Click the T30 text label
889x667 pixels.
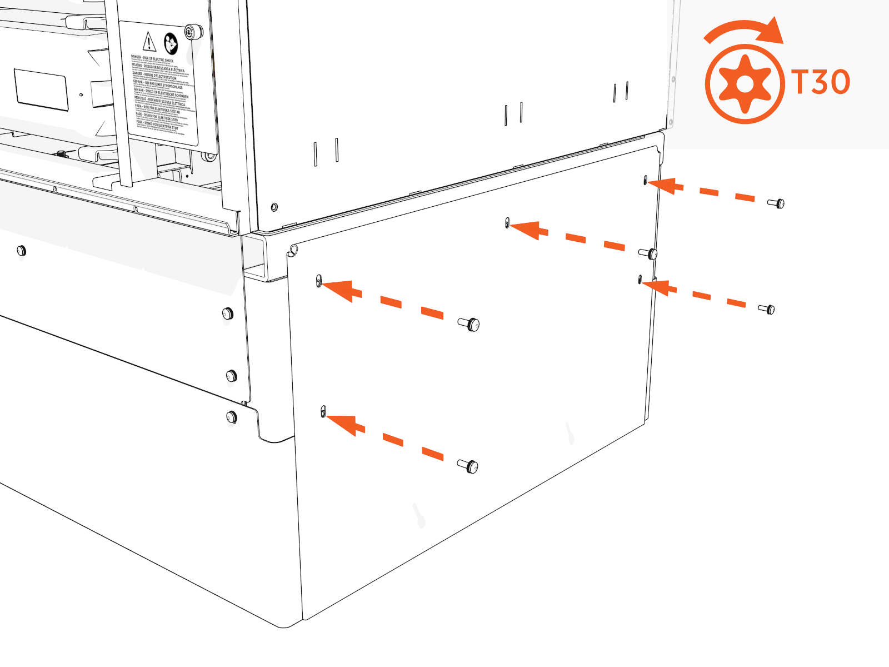821,82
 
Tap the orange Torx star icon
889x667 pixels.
745,84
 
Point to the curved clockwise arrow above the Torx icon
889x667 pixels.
745,31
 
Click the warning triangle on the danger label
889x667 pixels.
149,42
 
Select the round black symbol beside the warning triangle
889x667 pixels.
171,43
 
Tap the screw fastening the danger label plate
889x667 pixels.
192,32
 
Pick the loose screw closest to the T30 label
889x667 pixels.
777,203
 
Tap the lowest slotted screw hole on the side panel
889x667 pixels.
323,412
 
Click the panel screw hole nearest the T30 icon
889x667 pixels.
645,181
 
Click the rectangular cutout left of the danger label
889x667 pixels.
42,89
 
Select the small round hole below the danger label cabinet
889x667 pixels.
274,207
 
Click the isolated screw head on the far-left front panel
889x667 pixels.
21,251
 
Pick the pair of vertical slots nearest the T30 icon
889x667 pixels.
621,92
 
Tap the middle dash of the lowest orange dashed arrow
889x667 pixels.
393,440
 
